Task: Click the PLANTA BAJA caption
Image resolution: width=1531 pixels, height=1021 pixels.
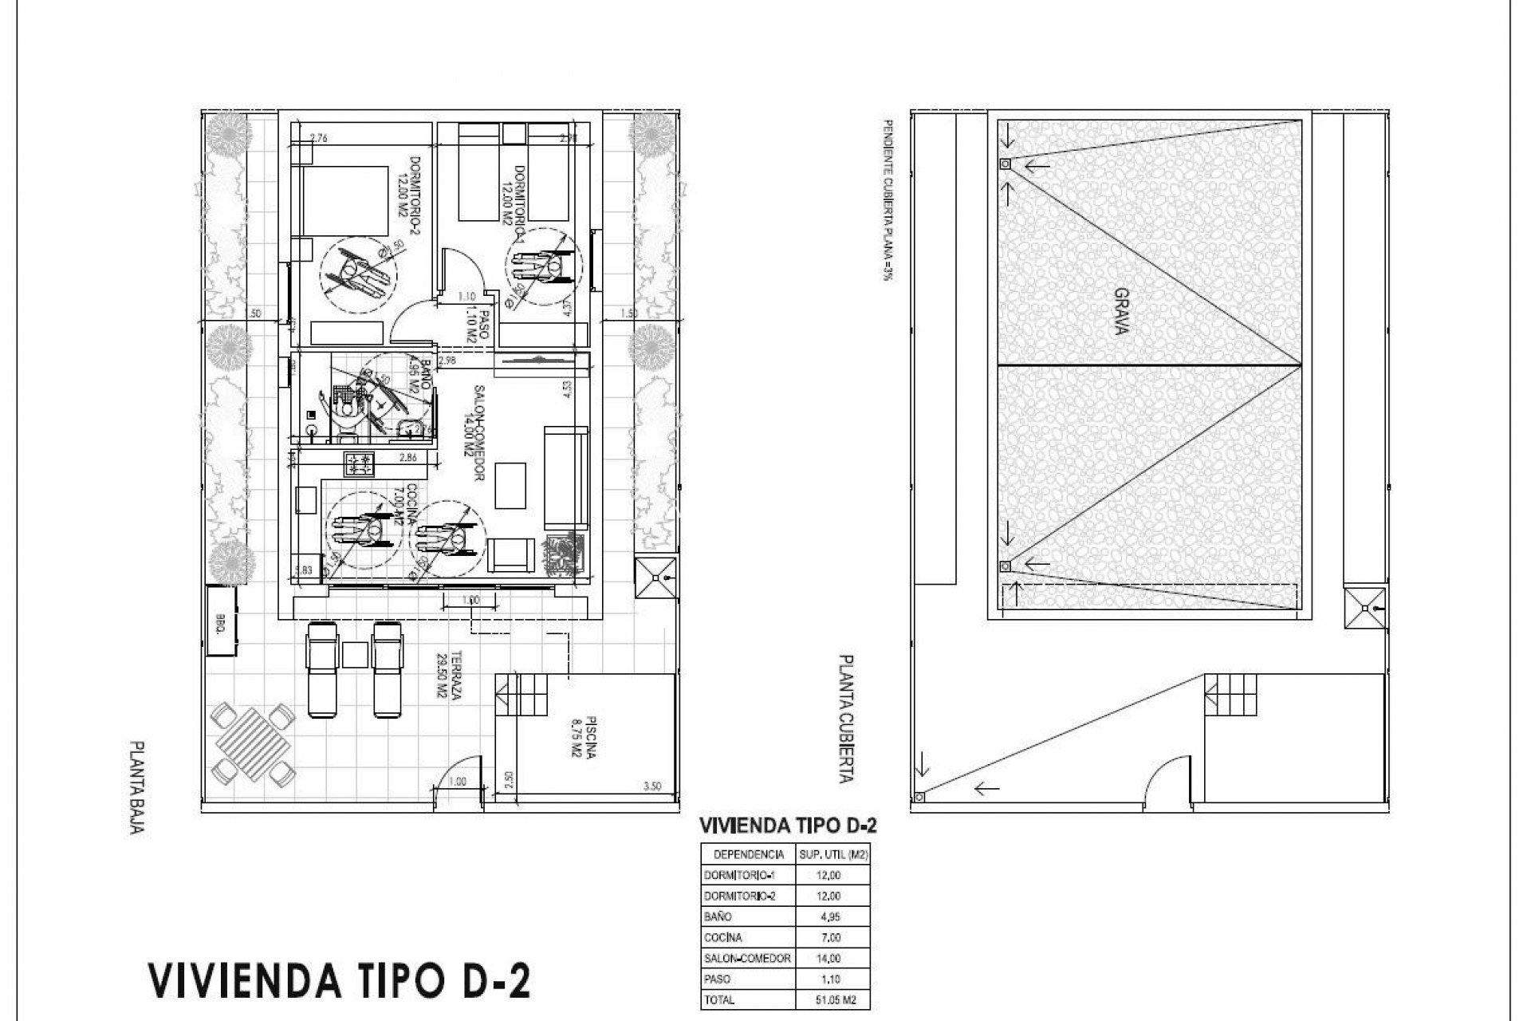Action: tap(137, 786)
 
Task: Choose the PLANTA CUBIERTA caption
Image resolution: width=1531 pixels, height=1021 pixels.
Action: tap(847, 718)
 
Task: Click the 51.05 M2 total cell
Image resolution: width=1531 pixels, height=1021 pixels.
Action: tap(833, 999)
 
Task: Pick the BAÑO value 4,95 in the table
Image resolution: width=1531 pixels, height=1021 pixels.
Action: tap(829, 917)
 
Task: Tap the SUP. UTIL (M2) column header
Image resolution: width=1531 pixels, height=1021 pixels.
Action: tap(833, 854)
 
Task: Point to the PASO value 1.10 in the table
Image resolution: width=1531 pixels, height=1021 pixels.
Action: tap(829, 979)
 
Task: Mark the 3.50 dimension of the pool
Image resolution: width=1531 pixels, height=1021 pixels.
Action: tap(651, 786)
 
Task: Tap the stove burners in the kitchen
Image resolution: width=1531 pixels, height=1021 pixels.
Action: tap(359, 463)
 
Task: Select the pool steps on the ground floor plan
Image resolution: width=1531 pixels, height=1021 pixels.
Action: tap(522, 696)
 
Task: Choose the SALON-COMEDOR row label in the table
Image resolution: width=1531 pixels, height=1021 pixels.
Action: tap(747, 958)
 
